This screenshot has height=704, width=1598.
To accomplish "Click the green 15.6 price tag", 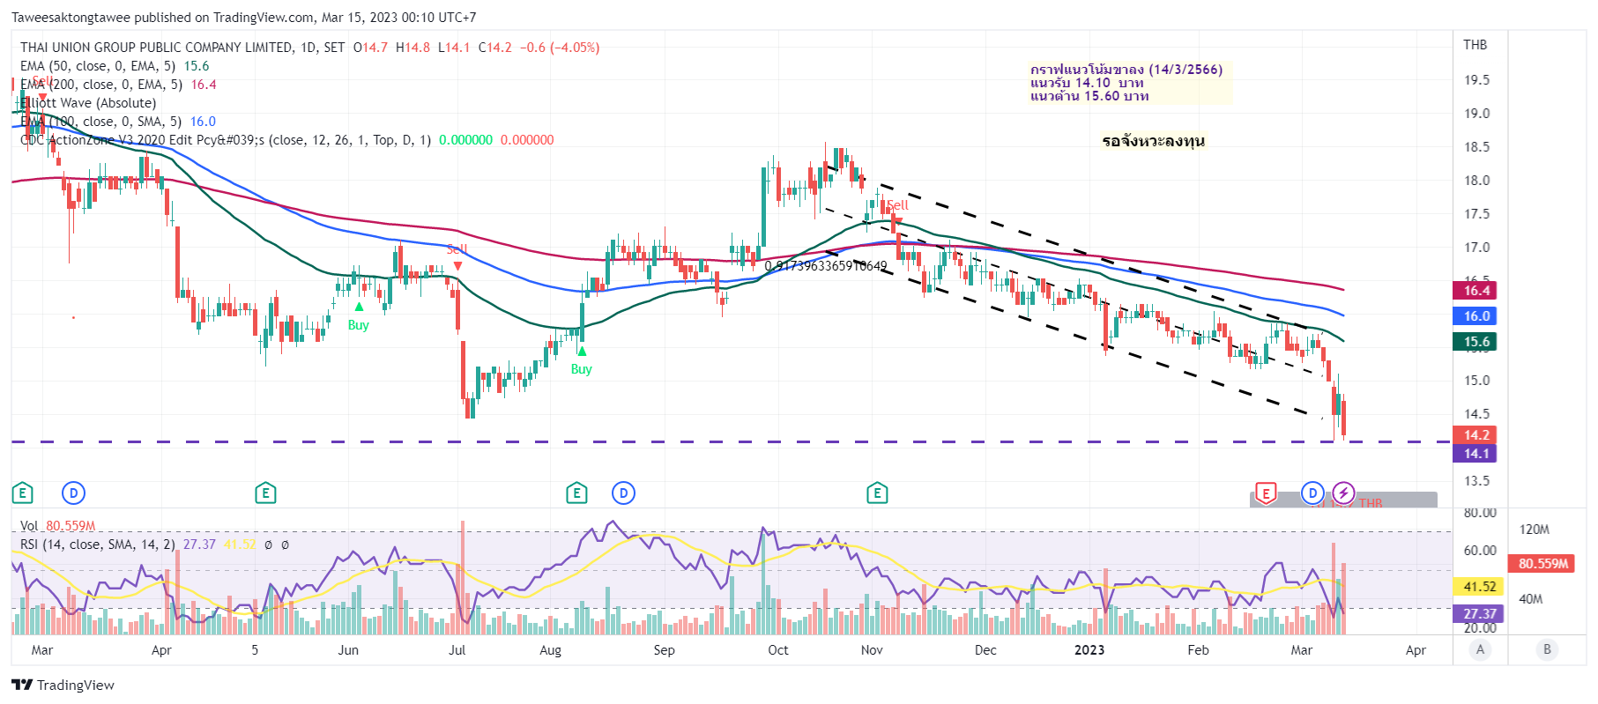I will click(x=1476, y=342).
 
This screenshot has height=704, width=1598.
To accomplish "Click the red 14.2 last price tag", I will click(x=1476, y=435).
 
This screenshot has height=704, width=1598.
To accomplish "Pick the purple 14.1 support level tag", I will click(x=1476, y=454).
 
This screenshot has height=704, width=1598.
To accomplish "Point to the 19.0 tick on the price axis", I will click(x=1476, y=114).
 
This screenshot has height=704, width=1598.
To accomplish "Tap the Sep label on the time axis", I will click(x=664, y=650).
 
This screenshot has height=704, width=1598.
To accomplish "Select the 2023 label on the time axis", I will click(x=1089, y=650).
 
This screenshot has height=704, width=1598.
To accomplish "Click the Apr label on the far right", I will click(x=1415, y=650).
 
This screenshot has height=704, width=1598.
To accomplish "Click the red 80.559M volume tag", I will click(x=1543, y=564).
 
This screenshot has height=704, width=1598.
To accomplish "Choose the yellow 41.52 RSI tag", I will click(x=1479, y=587).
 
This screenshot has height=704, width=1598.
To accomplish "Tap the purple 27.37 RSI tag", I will click(x=1479, y=614).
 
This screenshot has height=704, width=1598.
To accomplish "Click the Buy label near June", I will click(x=358, y=325).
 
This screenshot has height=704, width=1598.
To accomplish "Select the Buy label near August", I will click(x=581, y=369).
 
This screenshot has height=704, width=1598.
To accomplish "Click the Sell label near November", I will click(x=897, y=205).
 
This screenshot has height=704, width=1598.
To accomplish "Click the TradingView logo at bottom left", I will click(x=63, y=685).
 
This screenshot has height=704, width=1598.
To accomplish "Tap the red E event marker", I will click(x=1265, y=493).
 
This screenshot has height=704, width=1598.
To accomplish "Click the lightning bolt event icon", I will click(x=1342, y=493).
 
